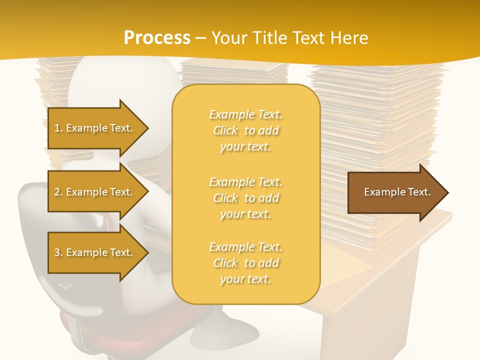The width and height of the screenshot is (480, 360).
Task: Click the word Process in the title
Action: point(157,38)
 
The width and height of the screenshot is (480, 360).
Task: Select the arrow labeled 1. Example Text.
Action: point(95,128)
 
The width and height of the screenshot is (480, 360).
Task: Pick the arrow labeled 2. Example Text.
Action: point(95,192)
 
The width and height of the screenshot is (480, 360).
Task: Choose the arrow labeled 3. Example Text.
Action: point(95,252)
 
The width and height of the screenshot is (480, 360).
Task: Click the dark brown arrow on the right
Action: point(395,192)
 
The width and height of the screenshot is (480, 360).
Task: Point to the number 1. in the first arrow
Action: point(58,128)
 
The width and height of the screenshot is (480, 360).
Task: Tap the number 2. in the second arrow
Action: point(58,192)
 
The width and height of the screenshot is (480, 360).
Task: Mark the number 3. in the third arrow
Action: point(58,253)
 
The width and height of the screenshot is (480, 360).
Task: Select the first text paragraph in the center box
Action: point(245,130)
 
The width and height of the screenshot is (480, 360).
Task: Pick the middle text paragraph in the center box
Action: point(245,198)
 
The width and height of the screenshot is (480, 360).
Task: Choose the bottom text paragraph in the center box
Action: point(245,263)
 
